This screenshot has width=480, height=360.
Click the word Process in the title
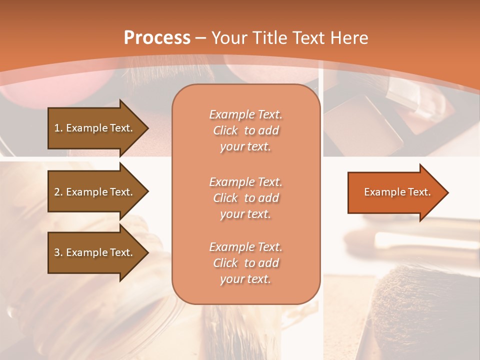(157, 38)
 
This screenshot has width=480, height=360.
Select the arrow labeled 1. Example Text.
(95, 128)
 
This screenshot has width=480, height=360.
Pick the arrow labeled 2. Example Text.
(95, 192)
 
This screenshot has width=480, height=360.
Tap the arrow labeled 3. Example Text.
(95, 252)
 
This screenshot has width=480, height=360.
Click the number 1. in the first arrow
(58, 128)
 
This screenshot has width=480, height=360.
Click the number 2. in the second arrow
(58, 192)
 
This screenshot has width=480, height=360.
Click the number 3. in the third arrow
(58, 252)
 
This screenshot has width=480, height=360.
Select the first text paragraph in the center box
(245, 130)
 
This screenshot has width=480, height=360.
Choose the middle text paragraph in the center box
(245, 198)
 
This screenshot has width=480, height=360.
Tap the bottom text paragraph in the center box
(245, 263)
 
